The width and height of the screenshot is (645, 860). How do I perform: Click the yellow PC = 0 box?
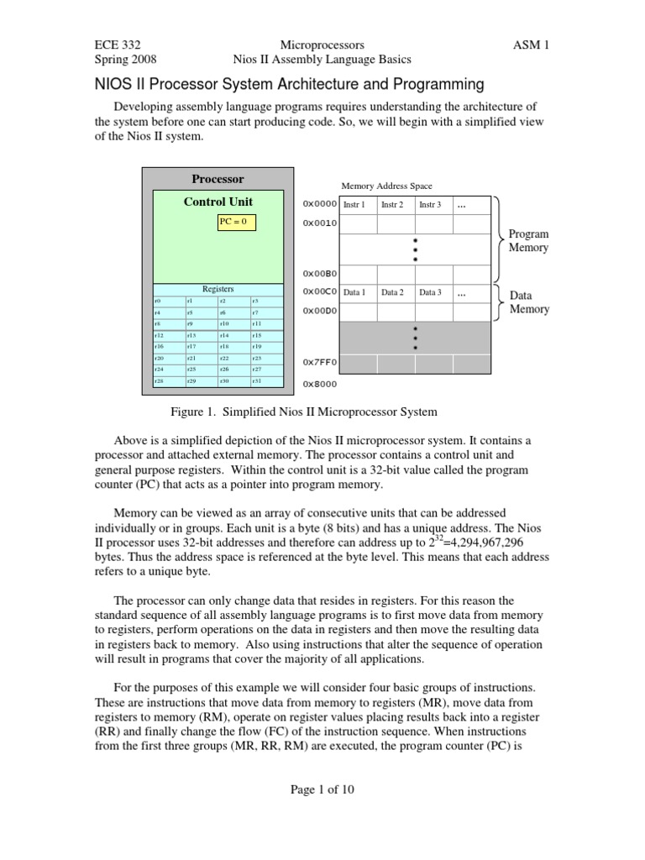[236, 223]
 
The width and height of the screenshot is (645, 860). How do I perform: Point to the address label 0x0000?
[319, 204]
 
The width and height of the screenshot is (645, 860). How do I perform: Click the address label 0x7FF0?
[319, 363]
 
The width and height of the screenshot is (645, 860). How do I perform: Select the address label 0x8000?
[319, 384]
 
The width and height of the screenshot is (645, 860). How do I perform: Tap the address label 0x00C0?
[319, 292]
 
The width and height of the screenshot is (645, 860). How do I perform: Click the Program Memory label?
[528, 241]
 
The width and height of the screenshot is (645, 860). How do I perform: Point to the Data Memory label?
[529, 302]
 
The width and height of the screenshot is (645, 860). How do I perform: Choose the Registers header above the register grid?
[218, 289]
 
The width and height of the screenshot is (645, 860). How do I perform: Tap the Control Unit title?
[218, 202]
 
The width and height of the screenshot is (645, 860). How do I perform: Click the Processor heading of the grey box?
[218, 179]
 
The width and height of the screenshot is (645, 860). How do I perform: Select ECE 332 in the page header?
[115, 45]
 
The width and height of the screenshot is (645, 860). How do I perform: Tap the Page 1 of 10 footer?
[322, 789]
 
